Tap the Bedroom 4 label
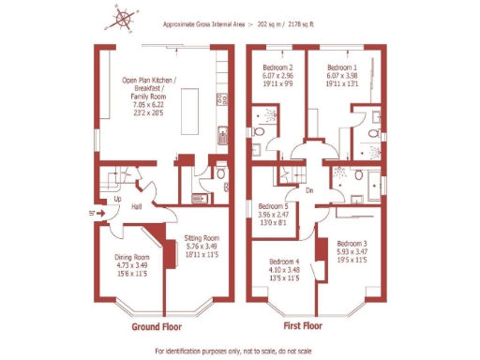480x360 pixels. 284,262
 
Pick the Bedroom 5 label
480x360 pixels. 273,206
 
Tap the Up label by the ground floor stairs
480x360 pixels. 117,200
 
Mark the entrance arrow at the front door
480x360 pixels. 92,213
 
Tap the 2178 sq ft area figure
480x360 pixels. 298,24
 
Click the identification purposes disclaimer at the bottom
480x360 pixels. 237,351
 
